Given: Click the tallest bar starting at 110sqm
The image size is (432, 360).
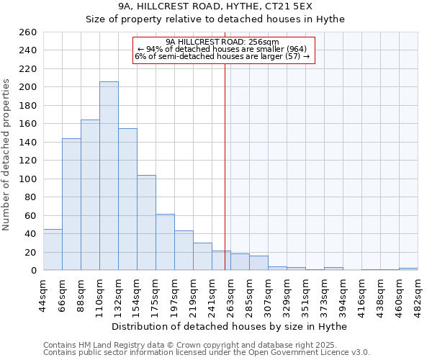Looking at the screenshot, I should point(109,176).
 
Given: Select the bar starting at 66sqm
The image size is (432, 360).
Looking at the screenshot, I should point(71,204).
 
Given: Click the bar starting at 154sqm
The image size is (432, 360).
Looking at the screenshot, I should point(146,223).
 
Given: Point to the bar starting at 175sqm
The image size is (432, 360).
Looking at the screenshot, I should point(165,242).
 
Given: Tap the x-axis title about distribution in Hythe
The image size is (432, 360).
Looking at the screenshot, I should point(230,327).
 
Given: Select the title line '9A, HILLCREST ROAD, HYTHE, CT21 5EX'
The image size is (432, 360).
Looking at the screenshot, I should point(216,7).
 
